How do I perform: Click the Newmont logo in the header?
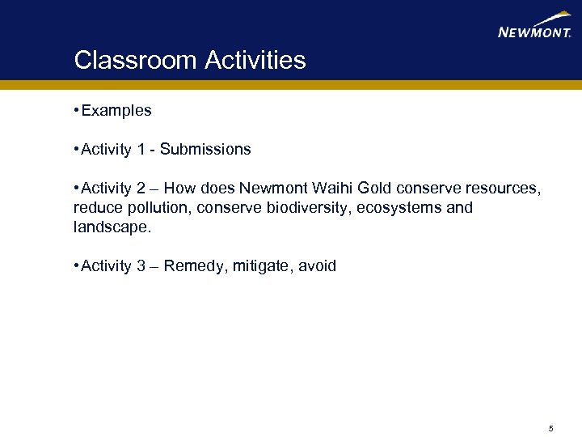tap(535, 27)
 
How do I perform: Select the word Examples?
tap(116, 110)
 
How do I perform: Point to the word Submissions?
tap(205, 150)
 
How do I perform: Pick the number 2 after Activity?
tap(141, 189)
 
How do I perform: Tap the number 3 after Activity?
tap(141, 266)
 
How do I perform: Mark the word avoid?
tap(318, 266)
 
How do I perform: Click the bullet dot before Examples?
tap(76, 110)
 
